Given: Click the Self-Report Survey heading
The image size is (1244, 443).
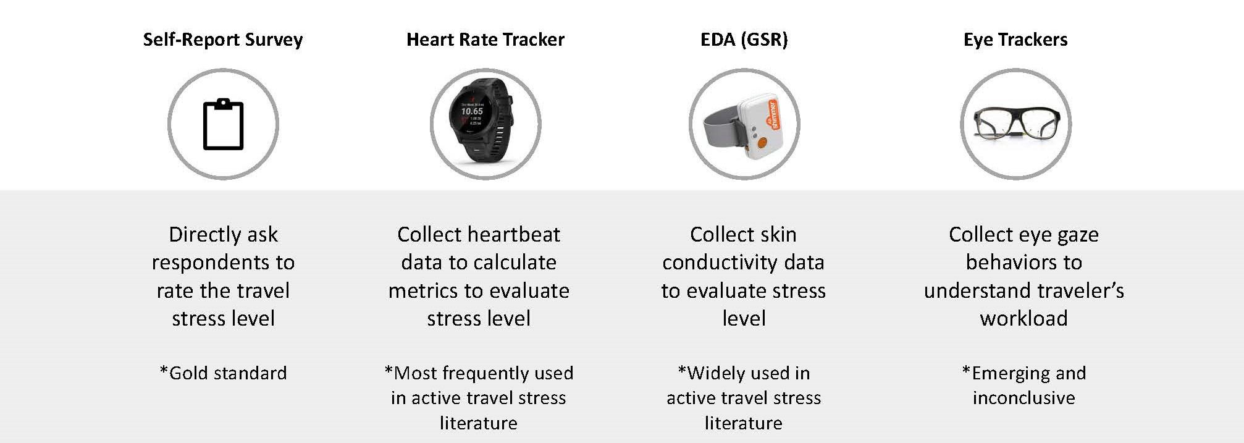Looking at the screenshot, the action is [x=223, y=40].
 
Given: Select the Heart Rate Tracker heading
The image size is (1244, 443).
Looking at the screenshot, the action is [x=485, y=40].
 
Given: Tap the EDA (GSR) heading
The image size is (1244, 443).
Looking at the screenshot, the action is [x=744, y=40].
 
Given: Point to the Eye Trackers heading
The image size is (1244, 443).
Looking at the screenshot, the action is [x=1015, y=40].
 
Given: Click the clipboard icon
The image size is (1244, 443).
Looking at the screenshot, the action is [x=223, y=124].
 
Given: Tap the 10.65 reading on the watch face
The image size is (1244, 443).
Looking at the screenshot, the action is [x=472, y=111].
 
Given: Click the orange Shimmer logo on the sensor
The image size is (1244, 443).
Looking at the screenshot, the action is [x=773, y=115].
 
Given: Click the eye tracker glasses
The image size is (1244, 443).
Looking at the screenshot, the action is [x=1016, y=124].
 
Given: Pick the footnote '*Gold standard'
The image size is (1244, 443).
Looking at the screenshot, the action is [x=223, y=373].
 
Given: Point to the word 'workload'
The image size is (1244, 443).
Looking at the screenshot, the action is [x=1023, y=319].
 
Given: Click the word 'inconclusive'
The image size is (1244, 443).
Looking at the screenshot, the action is [x=1023, y=398].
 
